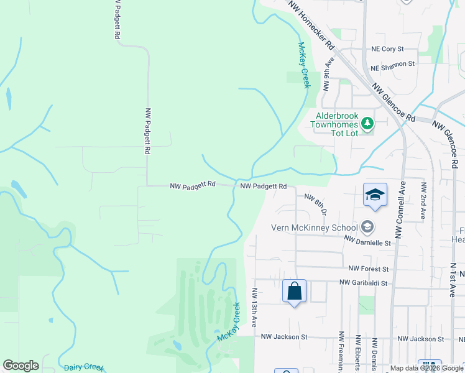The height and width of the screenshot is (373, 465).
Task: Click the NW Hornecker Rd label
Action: click(x=312, y=25)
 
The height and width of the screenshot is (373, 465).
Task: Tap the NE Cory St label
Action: click(x=387, y=48)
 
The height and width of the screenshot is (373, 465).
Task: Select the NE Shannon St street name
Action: click(x=392, y=64)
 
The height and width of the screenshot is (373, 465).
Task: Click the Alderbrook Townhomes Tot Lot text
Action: click(x=336, y=124)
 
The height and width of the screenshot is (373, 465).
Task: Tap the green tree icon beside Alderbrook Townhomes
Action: click(x=368, y=123)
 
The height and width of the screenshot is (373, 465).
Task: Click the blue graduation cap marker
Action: click(x=375, y=195)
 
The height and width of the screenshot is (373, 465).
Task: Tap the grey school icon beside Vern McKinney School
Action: click(x=367, y=227)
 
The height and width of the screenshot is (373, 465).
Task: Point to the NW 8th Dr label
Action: click(x=316, y=203)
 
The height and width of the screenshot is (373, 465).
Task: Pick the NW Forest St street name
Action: click(x=368, y=269)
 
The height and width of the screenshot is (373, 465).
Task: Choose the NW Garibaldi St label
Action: click(x=364, y=283)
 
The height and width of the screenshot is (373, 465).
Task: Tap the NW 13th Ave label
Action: click(x=255, y=307)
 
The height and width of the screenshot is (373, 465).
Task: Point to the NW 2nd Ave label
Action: click(x=423, y=201)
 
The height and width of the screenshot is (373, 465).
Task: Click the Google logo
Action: click(x=21, y=366)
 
